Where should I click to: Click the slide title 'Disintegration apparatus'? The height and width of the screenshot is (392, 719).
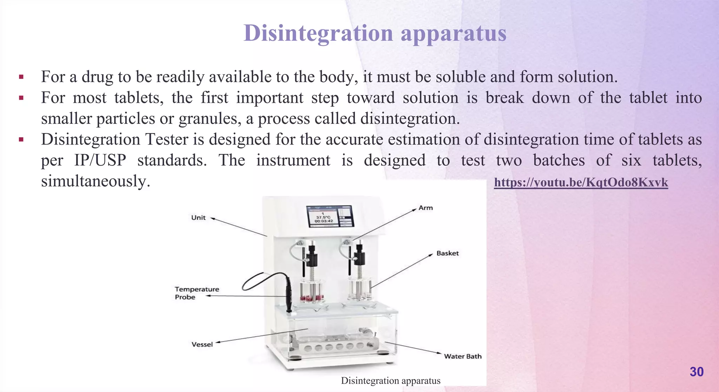[x=375, y=33]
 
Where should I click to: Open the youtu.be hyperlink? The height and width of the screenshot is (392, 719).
[x=581, y=182]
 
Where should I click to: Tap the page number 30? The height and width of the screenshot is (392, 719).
[x=697, y=372]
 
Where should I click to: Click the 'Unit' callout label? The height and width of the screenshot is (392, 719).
[x=198, y=218]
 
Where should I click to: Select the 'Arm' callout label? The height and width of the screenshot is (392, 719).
[x=426, y=208]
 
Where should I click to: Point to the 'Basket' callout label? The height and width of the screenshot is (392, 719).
[x=447, y=253]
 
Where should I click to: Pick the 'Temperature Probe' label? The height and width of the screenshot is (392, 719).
[x=197, y=293]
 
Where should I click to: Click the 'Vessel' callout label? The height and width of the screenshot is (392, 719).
[x=202, y=344]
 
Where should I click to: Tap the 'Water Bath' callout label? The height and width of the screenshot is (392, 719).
[x=462, y=356]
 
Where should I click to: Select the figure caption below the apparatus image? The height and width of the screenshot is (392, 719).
[x=390, y=381]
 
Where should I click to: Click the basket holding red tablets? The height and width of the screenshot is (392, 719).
[x=311, y=291]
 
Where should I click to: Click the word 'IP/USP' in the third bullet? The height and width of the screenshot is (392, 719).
[x=100, y=161]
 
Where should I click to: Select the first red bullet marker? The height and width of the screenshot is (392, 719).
[x=21, y=77]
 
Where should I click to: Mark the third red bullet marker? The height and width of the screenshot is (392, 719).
[x=21, y=140]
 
